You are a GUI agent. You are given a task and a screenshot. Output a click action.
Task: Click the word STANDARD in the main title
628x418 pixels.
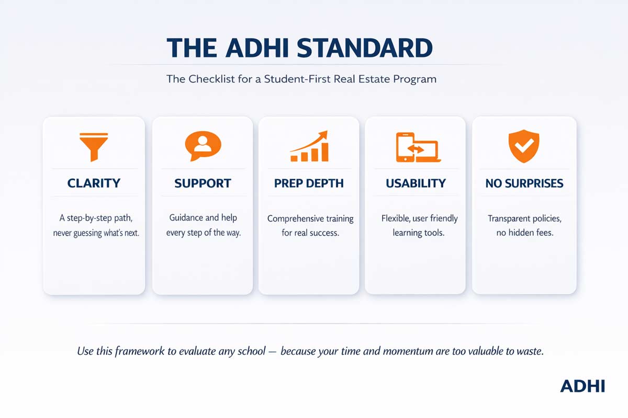365,48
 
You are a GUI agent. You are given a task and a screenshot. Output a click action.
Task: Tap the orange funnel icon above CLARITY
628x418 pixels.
94,146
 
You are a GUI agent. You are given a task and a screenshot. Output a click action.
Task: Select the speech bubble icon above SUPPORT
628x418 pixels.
203,145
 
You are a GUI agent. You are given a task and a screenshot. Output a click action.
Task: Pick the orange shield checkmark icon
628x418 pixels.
523,146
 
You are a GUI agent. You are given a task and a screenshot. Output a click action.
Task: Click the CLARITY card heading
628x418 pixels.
94,183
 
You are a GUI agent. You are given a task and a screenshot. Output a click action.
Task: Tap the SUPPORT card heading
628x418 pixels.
203,183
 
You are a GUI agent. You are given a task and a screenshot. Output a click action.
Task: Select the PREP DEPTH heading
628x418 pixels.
309,183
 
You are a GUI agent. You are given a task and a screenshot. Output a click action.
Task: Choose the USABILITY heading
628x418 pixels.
416,183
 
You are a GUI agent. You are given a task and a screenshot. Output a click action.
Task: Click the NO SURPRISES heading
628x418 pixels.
524,183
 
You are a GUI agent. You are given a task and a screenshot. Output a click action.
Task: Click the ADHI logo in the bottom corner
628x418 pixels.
582,386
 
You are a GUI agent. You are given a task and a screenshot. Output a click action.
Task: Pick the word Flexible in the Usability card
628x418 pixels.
395,218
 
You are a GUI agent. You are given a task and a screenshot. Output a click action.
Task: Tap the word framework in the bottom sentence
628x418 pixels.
133,351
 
